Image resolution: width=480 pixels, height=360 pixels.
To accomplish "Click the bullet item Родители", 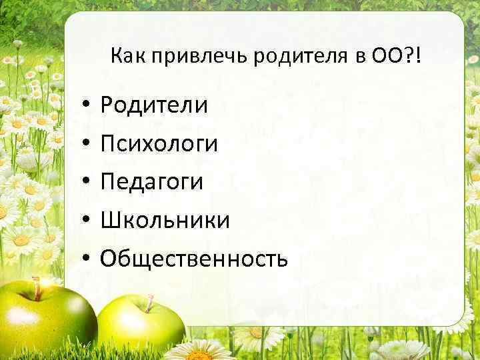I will pos(154,105).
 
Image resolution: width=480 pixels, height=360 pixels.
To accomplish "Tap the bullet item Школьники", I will pos(165,220).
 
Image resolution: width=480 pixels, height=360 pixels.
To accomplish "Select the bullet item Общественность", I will pos(194,259).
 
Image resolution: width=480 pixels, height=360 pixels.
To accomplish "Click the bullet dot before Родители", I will pos(87,105).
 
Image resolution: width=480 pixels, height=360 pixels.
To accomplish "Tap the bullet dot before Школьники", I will pos(87,221).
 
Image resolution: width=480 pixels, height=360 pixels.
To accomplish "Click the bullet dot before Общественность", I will pos(87,259).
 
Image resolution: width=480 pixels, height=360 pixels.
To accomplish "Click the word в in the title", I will pos(351,58).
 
